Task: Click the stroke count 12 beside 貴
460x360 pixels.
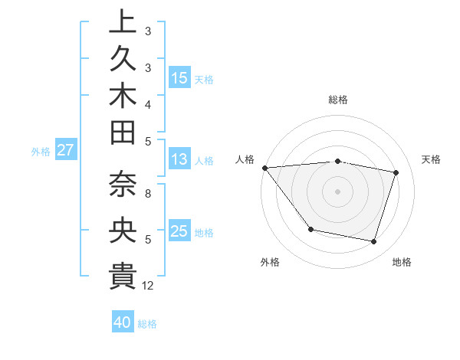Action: coord(148,286)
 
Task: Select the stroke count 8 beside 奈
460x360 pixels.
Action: coord(147,194)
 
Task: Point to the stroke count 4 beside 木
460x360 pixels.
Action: coord(147,103)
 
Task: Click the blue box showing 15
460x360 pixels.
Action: coord(179,78)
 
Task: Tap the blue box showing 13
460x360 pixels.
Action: coord(179,160)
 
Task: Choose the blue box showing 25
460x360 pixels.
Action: coord(179,231)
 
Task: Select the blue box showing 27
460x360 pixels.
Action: coord(65,150)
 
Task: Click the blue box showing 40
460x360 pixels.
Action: coord(123,322)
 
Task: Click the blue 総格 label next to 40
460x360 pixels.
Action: coord(147,324)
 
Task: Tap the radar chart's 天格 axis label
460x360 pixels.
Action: coord(431,159)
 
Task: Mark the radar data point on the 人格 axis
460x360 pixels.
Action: coord(264,168)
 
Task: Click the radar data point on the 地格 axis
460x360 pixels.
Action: coord(374,242)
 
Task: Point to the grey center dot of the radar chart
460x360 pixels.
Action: coord(337,191)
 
